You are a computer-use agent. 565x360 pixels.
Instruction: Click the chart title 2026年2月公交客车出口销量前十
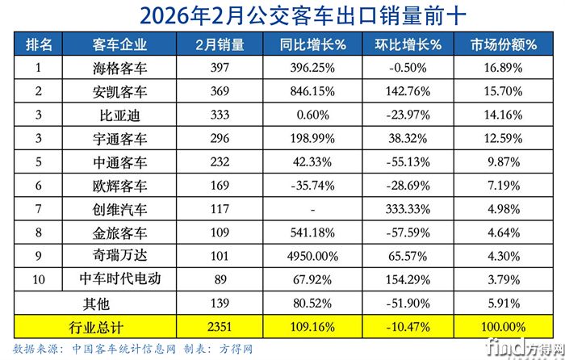pyautogui.click(x=282, y=15)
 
